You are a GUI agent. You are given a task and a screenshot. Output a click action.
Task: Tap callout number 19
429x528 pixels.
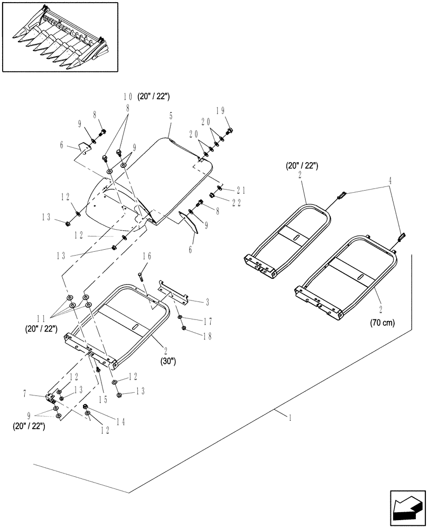click(x=220, y=111)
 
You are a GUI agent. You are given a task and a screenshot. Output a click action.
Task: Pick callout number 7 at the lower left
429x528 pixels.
click(x=40, y=395)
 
